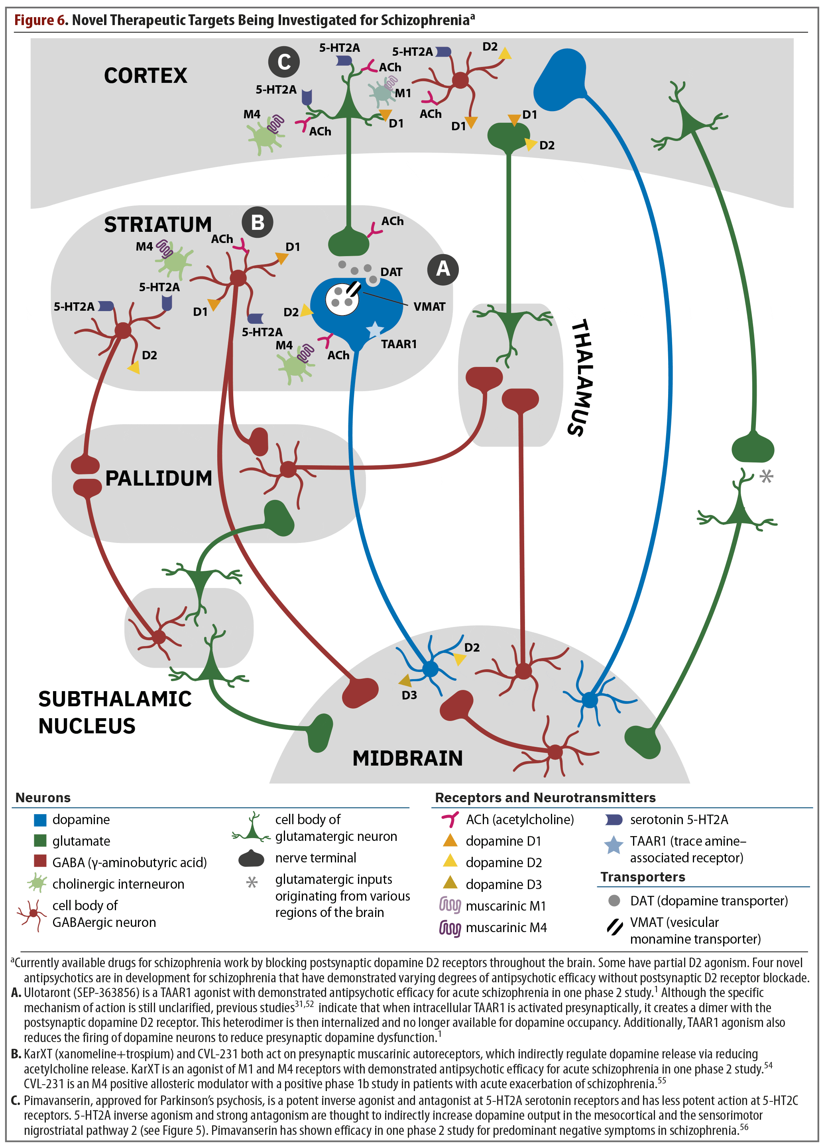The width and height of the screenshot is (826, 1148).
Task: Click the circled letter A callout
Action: [442, 269]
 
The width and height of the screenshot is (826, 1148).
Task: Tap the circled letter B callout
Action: [257, 222]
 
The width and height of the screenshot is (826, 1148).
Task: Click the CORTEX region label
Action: [146, 76]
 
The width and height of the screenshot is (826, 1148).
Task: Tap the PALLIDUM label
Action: [159, 478]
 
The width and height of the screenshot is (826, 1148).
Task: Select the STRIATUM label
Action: [157, 225]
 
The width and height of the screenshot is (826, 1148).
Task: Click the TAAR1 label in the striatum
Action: [399, 344]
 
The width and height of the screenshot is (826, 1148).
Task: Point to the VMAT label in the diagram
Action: [429, 307]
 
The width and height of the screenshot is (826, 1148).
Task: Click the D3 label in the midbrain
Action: [409, 695]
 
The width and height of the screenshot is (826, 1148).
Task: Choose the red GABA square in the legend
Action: [40, 862]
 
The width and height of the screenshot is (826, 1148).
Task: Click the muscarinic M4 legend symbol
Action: [450, 928]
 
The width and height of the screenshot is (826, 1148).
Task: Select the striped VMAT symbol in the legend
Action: [614, 927]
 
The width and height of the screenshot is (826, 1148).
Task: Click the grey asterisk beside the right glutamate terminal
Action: [766, 476]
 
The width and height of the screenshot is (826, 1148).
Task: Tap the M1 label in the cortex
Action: [403, 93]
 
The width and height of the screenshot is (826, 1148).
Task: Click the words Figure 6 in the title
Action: [41, 20]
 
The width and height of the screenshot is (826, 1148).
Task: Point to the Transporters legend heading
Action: [643, 877]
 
